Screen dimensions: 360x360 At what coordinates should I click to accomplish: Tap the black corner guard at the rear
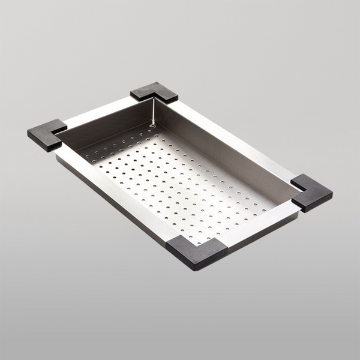click(x=154, y=92)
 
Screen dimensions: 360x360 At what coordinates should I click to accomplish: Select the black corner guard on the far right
click(x=312, y=193)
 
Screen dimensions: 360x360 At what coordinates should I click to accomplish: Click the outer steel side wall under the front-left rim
click(x=108, y=201)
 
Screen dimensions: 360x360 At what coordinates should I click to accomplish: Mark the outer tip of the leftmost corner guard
click(x=28, y=133)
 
